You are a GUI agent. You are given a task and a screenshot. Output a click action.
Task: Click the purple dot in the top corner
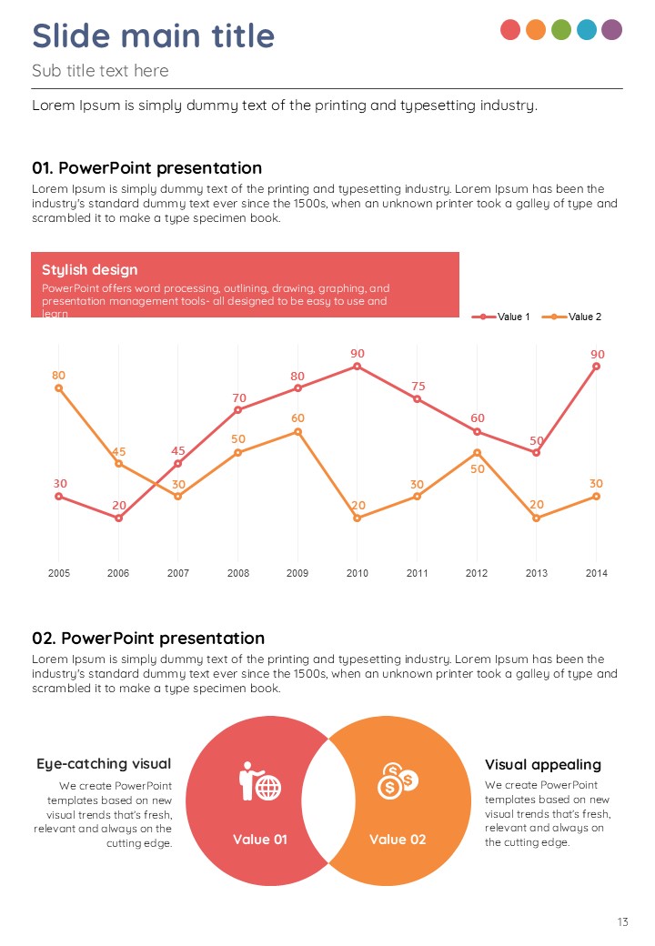click(x=612, y=29)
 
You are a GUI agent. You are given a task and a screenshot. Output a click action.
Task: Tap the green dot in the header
click(x=561, y=29)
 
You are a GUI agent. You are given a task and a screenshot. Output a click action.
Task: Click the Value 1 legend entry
click(x=501, y=317)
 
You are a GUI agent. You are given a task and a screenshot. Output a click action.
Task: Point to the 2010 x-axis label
click(x=358, y=573)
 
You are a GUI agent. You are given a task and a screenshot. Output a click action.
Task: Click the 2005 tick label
click(x=58, y=573)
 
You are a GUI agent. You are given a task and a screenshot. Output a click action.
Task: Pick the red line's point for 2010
click(x=358, y=367)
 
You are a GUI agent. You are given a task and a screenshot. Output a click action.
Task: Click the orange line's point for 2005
click(x=58, y=388)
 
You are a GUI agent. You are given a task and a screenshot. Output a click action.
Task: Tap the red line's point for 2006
click(x=118, y=518)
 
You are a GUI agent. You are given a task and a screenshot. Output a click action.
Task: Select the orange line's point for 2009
click(x=297, y=431)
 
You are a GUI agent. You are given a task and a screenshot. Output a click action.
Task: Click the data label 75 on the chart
click(x=418, y=387)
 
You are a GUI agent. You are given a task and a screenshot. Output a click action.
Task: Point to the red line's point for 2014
click(x=597, y=367)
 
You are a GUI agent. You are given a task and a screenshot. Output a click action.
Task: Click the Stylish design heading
click(x=90, y=269)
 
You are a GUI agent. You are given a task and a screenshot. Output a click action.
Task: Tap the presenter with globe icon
click(x=260, y=781)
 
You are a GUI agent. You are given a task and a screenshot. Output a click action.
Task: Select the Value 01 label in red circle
click(x=260, y=839)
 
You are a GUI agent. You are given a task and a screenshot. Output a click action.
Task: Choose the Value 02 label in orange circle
click(x=398, y=839)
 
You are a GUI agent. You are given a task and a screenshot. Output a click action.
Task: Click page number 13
click(x=622, y=922)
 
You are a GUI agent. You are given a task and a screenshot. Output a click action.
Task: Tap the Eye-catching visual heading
click(x=104, y=763)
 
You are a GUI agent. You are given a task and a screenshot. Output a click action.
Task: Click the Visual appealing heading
click(x=543, y=764)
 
